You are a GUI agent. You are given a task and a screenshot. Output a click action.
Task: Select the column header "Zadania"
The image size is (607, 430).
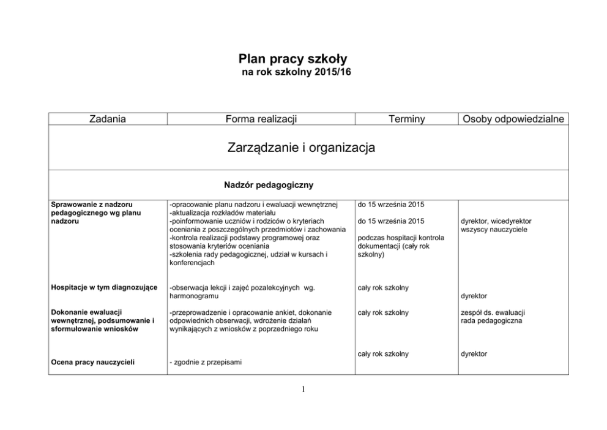[107, 119]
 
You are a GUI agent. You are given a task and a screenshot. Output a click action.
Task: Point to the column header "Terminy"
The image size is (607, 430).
[406, 119]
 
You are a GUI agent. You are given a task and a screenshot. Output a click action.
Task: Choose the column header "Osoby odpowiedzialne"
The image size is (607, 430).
[513, 119]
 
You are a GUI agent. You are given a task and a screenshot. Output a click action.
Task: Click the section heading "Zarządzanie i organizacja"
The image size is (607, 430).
[301, 148]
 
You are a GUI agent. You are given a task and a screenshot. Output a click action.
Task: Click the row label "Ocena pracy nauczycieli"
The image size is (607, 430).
[92, 363]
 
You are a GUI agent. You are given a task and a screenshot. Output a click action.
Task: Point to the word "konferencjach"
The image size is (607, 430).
[192, 263]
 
